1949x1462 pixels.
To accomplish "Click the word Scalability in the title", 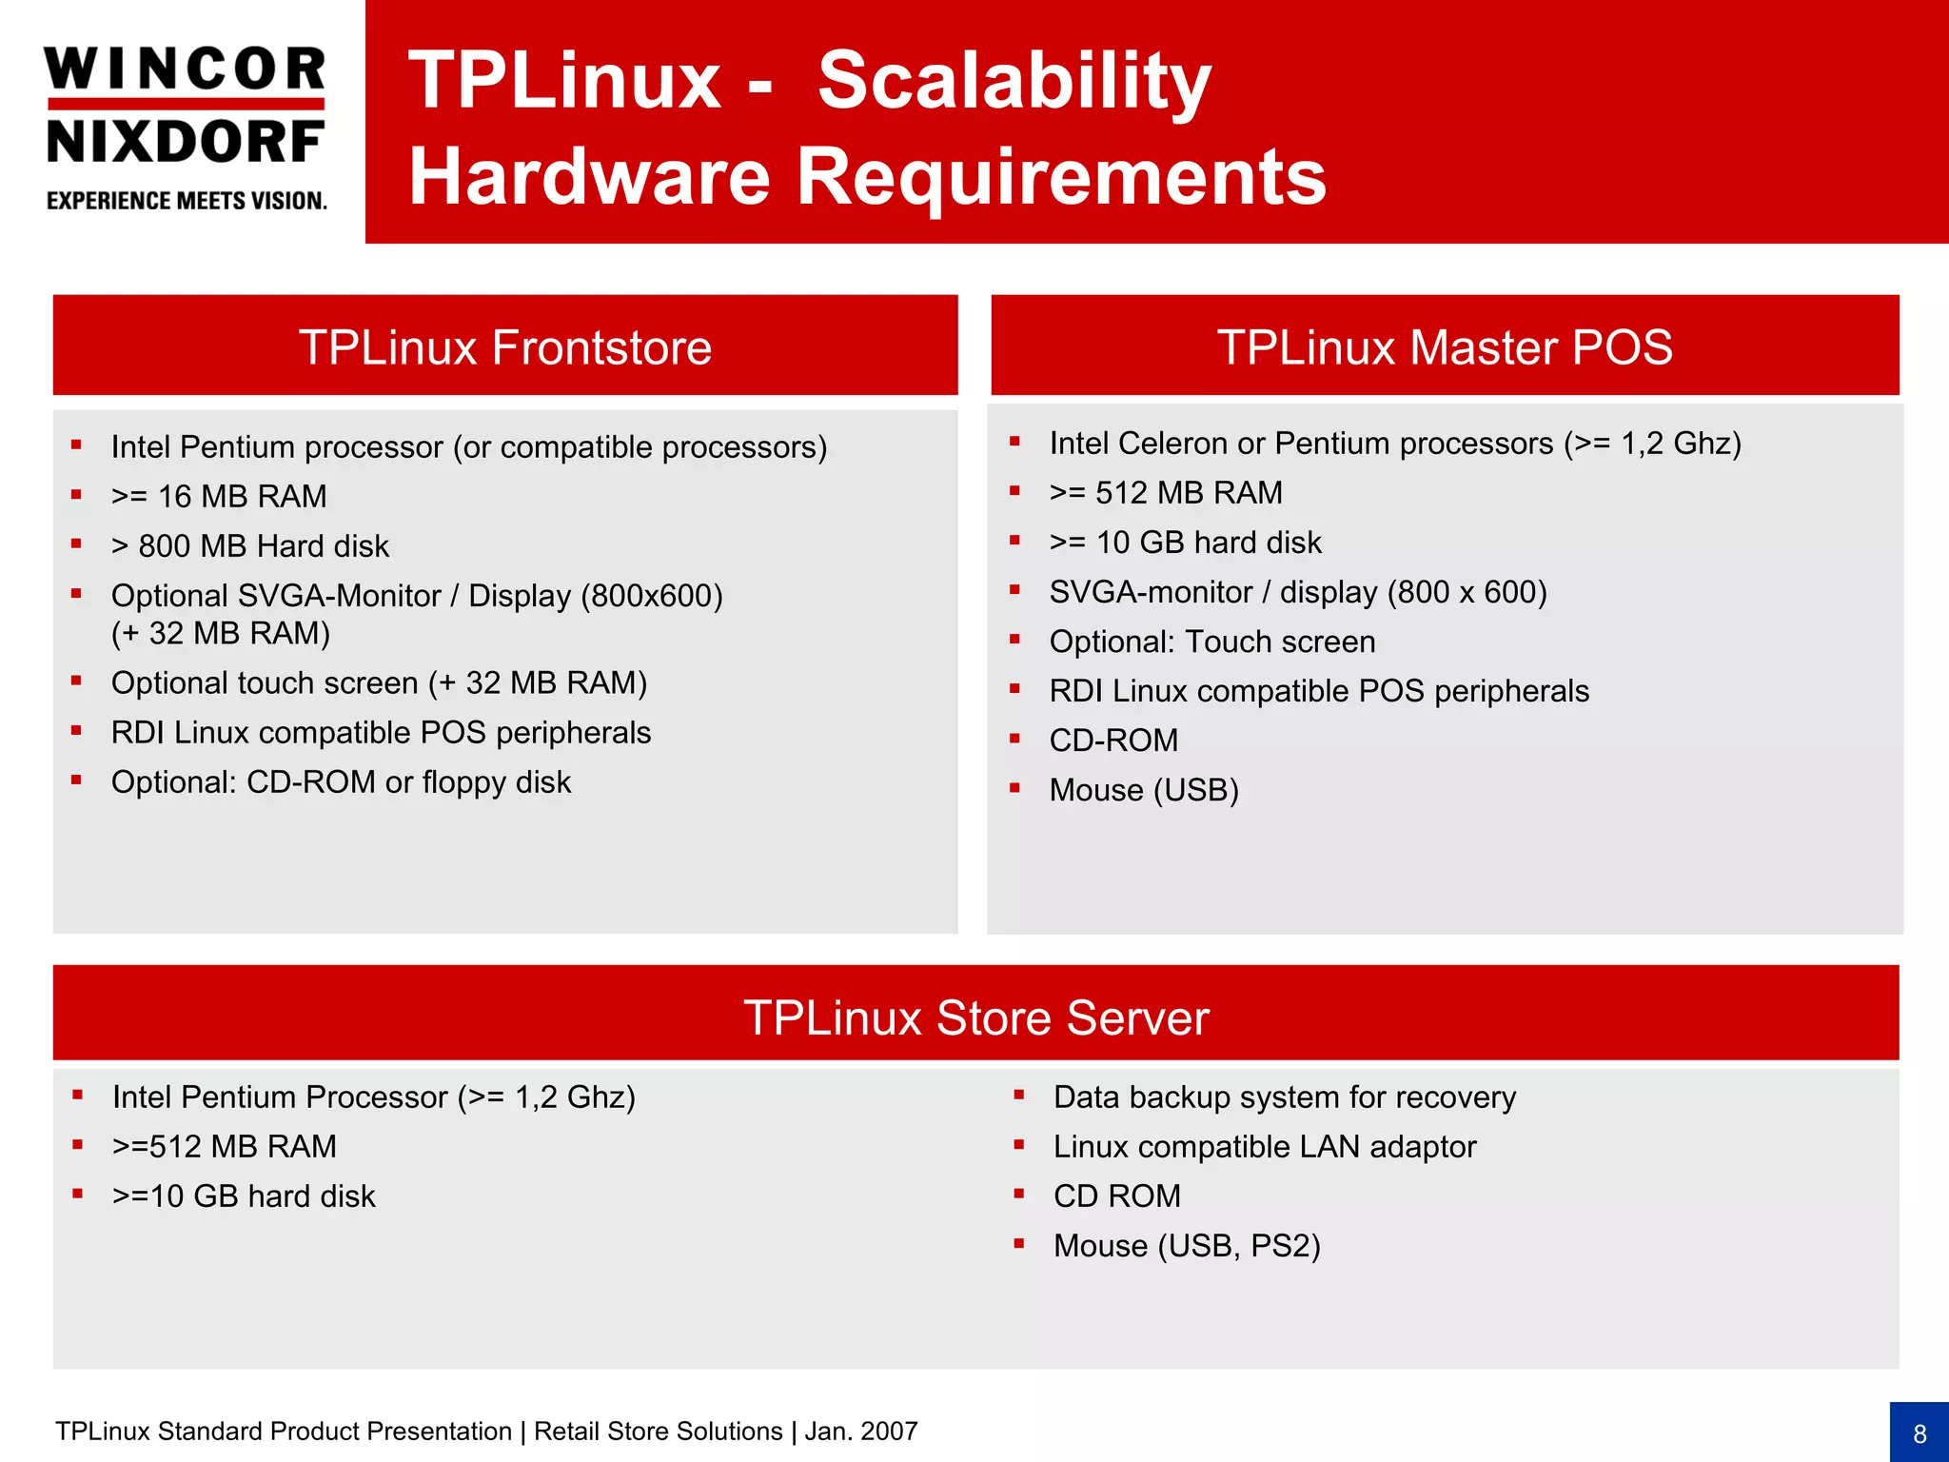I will pyautogui.click(x=1014, y=81).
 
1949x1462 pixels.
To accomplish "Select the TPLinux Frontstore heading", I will pyautogui.click(x=504, y=346).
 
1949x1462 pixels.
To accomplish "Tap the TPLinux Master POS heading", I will pyautogui.click(x=1444, y=346).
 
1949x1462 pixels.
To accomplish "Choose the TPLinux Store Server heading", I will pyautogui.click(x=975, y=1017).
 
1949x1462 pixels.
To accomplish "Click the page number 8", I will pyautogui.click(x=1919, y=1433).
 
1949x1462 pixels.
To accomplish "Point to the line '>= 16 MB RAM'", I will pyautogui.click(x=218, y=497).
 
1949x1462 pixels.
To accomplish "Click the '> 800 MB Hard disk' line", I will pyautogui.click(x=249, y=546).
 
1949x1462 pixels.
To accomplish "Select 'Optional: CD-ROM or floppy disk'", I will pyautogui.click(x=341, y=782).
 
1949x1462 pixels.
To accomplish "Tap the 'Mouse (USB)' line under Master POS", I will pyautogui.click(x=1143, y=790).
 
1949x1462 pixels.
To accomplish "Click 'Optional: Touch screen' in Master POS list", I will pyautogui.click(x=1211, y=642).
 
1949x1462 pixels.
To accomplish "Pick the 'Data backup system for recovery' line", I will pyautogui.click(x=1284, y=1097).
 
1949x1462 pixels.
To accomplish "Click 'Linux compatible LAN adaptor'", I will pyautogui.click(x=1264, y=1147).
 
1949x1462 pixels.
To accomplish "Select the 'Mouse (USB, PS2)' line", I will pyautogui.click(x=1187, y=1246).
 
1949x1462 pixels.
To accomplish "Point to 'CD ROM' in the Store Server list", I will pyautogui.click(x=1116, y=1196).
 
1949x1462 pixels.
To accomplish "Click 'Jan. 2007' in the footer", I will pyautogui.click(x=860, y=1432).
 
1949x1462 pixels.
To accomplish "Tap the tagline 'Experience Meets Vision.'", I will pyautogui.click(x=187, y=201).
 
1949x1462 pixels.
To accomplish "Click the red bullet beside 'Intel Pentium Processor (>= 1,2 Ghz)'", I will pyautogui.click(x=78, y=1096).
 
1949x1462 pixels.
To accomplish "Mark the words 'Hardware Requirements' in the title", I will pyautogui.click(x=867, y=177).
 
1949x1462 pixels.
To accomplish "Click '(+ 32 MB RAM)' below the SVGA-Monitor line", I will pyautogui.click(x=220, y=634).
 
